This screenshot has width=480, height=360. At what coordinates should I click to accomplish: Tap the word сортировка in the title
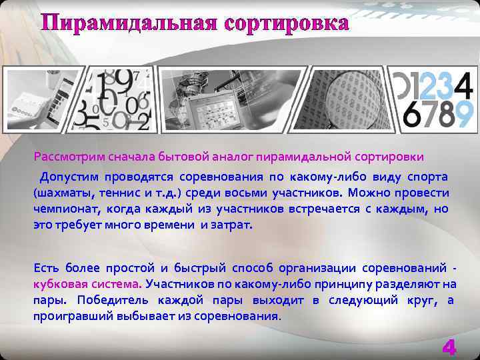point(287,24)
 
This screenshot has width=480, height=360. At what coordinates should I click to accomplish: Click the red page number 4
point(449,347)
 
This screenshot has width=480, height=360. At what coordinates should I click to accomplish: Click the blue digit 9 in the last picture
point(465,114)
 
